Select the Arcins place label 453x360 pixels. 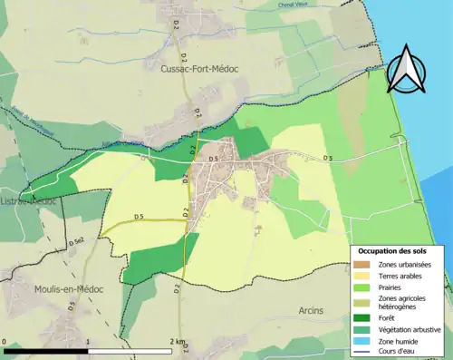click(x=311, y=310)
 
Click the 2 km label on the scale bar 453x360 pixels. click(x=178, y=343)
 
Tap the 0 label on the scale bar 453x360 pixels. click(x=5, y=343)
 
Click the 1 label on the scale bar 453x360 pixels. click(x=88, y=343)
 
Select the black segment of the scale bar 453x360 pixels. click(x=46, y=351)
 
